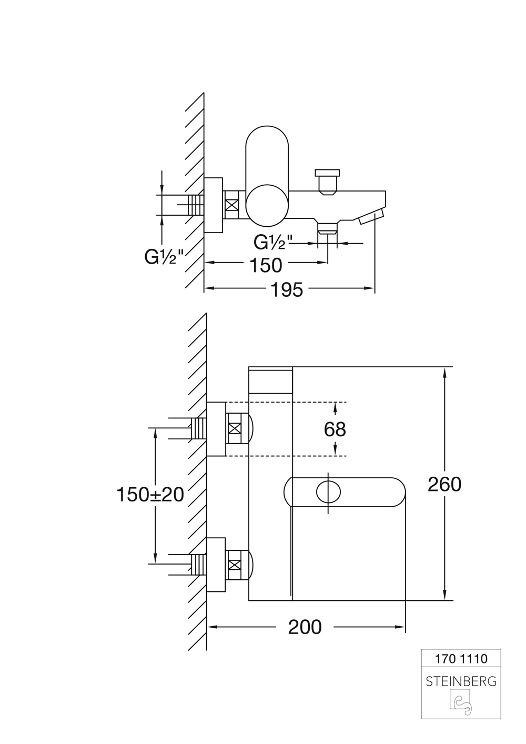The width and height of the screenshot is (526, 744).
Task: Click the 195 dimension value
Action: tap(288, 289)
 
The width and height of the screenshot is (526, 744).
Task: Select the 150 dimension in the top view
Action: tap(266, 265)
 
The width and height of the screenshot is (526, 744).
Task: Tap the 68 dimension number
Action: tap(335, 429)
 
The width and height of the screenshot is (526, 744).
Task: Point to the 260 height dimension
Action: tap(444, 484)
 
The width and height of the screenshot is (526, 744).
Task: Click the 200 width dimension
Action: tap(305, 627)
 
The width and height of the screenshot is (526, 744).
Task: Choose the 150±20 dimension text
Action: tap(150, 495)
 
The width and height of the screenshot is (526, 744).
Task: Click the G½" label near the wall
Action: tap(164, 257)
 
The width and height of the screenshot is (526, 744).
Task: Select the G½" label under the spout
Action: tap(273, 242)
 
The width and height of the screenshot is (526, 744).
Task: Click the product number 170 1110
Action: tap(461, 658)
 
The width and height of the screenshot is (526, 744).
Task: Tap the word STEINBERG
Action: tap(461, 681)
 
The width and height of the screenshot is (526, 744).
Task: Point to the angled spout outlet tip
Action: tap(371, 217)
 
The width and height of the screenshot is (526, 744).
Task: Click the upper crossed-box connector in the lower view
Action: tap(236, 429)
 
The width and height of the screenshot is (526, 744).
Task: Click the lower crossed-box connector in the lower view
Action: tap(236, 566)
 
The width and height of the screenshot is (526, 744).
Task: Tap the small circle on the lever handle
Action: tap(328, 492)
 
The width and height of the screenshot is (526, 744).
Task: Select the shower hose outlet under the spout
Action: tap(327, 227)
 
